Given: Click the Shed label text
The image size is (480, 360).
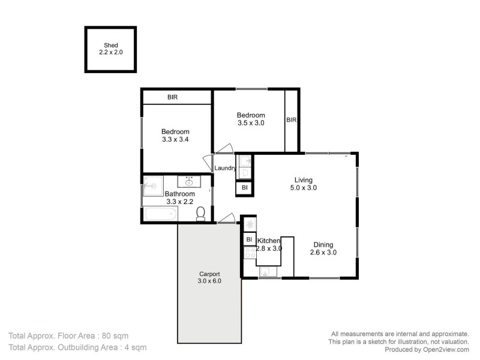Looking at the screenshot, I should [110, 45].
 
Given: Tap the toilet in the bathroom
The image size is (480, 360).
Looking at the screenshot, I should [201, 213].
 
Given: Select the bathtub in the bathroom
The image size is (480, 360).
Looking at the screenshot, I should [161, 214].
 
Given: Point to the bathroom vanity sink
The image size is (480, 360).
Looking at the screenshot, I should [188, 182].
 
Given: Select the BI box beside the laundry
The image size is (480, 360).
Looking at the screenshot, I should [244, 188].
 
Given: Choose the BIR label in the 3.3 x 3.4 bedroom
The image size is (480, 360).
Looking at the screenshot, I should [172, 97].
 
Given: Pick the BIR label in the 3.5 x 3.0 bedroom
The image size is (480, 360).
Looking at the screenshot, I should [291, 120].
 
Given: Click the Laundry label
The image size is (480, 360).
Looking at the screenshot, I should [225, 168].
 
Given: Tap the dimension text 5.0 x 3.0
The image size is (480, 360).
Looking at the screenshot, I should [303, 188].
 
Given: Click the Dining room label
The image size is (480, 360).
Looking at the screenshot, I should [323, 244].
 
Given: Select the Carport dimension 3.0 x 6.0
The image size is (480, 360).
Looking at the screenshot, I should [209, 281].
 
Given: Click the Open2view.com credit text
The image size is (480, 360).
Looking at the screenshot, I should [436, 350].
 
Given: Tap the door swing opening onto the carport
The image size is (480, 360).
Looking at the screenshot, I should [225, 218].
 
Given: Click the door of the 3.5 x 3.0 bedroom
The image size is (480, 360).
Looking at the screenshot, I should [223, 149].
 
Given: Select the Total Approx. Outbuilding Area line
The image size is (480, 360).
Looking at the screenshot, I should [77, 347].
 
